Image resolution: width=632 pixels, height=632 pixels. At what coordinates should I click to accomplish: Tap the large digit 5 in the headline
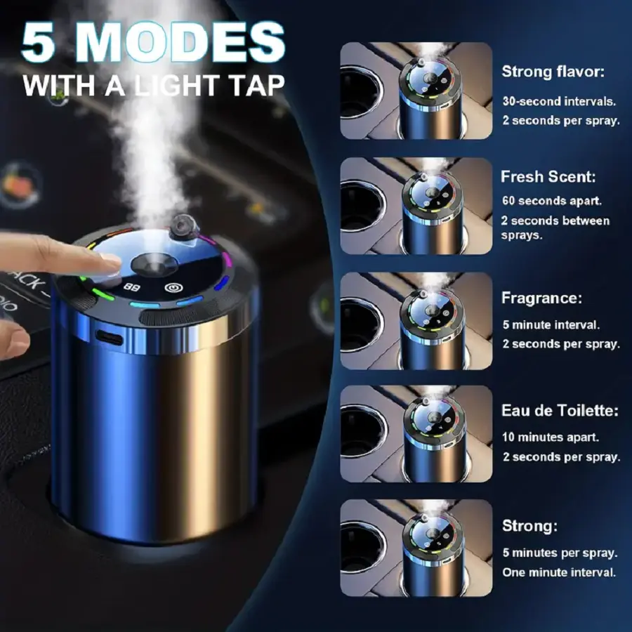pyautogui.click(x=39, y=42)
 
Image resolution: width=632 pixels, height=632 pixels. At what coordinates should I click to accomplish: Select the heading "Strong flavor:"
pyautogui.click(x=553, y=72)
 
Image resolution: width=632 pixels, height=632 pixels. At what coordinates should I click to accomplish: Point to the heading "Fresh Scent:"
pyautogui.click(x=548, y=176)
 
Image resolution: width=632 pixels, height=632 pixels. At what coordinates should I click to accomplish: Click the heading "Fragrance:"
pyautogui.click(x=541, y=298)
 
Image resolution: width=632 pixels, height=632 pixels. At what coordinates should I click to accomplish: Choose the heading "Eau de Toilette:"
pyautogui.click(x=560, y=410)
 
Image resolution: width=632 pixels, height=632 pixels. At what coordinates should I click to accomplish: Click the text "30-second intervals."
pyautogui.click(x=559, y=101)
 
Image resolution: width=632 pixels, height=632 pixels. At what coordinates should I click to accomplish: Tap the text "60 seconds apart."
pyautogui.click(x=552, y=201)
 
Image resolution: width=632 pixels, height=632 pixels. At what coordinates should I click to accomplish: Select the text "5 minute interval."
pyautogui.click(x=551, y=325)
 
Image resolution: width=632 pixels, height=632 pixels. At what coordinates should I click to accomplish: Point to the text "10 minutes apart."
pyautogui.click(x=551, y=437)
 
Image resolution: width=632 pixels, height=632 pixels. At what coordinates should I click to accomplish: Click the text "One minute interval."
pyautogui.click(x=559, y=572)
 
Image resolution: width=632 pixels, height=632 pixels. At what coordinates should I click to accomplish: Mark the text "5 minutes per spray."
pyautogui.click(x=560, y=553)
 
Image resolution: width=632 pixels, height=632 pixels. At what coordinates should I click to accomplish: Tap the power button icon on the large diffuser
pyautogui.click(x=173, y=288)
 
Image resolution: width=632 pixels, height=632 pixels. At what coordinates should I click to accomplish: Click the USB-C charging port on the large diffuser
pyautogui.click(x=110, y=337)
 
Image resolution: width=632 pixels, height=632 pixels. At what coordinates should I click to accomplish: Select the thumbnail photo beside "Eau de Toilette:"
pyautogui.click(x=416, y=434)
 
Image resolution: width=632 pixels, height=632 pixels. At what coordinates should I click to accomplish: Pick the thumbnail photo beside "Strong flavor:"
pyautogui.click(x=416, y=91)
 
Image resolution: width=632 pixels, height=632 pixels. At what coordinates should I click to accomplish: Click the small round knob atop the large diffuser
pyautogui.click(x=185, y=225)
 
